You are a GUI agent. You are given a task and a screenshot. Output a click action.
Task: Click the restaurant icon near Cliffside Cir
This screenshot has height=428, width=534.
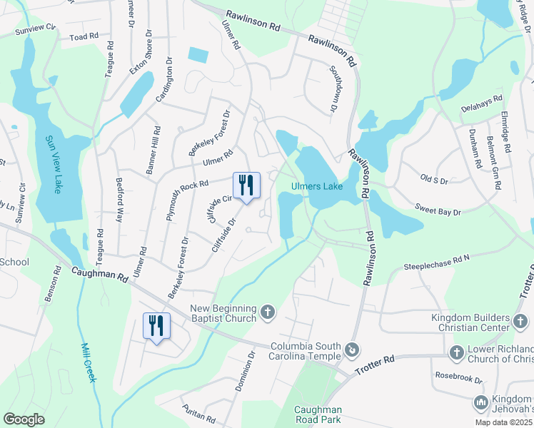pyautogui.click(x=247, y=186)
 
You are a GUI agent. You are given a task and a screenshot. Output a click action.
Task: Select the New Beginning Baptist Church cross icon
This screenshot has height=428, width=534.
pyautogui.click(x=268, y=312)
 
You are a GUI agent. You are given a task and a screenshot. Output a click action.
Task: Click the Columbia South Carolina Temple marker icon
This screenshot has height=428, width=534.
pyautogui.click(x=351, y=350)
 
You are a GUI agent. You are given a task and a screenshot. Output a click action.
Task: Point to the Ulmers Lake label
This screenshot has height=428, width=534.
pyautogui.click(x=316, y=187)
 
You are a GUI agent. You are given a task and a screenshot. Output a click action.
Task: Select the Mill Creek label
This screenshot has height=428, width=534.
pyautogui.click(x=86, y=361)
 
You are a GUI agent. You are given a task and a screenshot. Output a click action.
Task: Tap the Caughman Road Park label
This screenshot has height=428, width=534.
pyautogui.click(x=318, y=414)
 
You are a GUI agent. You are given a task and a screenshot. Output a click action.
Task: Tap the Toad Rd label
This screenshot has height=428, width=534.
pyautogui.click(x=84, y=36)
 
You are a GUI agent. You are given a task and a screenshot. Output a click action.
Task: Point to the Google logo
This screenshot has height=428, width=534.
pyautogui.click(x=24, y=419)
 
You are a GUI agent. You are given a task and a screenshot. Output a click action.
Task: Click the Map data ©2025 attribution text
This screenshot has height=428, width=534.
pyautogui.click(x=503, y=422)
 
